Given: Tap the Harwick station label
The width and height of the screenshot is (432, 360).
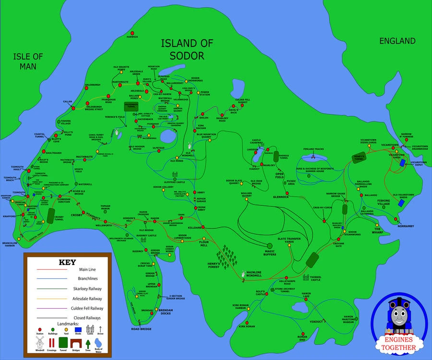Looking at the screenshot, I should pos(132,37).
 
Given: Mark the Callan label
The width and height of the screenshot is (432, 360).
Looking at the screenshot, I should pos(67,102).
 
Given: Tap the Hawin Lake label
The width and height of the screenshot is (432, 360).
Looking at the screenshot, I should pos(306,296).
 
